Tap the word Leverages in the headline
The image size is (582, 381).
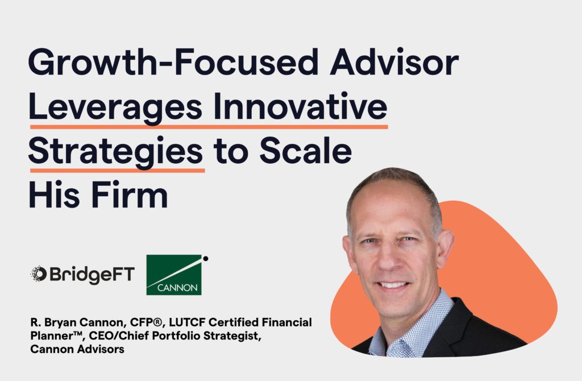(x=115, y=107)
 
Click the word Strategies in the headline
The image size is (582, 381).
(x=115, y=151)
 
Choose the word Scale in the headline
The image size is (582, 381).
(x=305, y=150)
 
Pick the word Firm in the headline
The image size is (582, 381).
(x=130, y=194)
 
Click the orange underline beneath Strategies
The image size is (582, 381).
(x=117, y=171)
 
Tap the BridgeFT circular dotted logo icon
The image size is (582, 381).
(x=38, y=274)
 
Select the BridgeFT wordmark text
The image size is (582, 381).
(x=92, y=275)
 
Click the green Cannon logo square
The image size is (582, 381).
(x=174, y=275)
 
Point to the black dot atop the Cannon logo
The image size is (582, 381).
(x=205, y=259)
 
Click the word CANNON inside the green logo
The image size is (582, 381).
(x=177, y=288)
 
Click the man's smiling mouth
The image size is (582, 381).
(x=393, y=285)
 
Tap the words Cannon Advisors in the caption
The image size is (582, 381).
(x=77, y=349)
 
